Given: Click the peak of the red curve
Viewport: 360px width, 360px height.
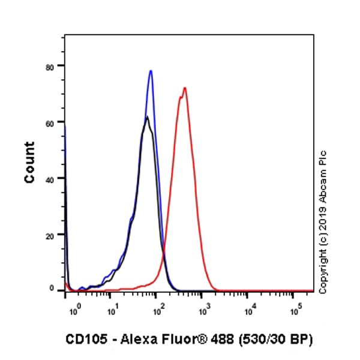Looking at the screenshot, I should [x=185, y=88].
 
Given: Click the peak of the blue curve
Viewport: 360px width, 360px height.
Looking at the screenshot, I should [x=151, y=71].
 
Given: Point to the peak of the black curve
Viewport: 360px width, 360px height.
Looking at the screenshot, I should [x=147, y=116].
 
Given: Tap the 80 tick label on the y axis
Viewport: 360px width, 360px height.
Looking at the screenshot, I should [x=53, y=66].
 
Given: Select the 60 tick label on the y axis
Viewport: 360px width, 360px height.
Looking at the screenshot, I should [x=53, y=122].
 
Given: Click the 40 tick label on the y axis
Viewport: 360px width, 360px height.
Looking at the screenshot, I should [x=53, y=179].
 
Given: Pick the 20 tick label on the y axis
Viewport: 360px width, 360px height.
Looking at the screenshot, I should [x=53, y=235].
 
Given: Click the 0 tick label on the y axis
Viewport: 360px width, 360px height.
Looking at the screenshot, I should [x=55, y=289].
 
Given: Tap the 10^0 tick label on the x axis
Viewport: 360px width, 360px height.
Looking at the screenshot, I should [x=74, y=311].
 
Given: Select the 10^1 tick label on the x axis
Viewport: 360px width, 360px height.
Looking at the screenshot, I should [x=113, y=311].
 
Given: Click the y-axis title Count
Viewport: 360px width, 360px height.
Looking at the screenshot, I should [x=29, y=162].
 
